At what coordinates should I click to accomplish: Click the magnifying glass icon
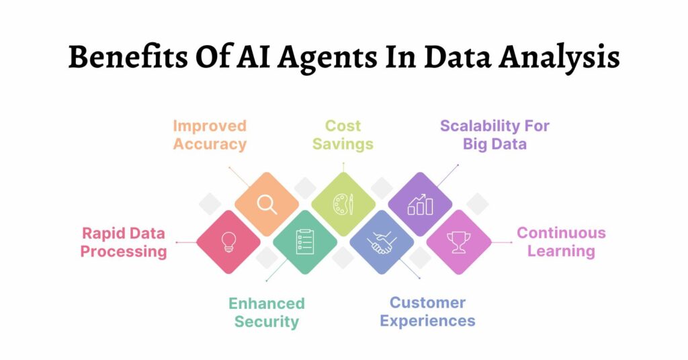coord(267,204)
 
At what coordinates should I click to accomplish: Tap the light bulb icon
coord(228,242)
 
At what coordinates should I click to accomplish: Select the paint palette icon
coord(343,204)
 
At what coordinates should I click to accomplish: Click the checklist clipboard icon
coord(305,242)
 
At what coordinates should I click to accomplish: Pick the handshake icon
coord(382,242)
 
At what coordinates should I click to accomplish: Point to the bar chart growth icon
coord(421,204)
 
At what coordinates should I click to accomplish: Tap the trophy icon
coord(458,242)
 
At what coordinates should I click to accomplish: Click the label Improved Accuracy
coord(210,135)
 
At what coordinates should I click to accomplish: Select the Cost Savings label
coord(343,135)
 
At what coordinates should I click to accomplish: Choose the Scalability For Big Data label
coord(494,135)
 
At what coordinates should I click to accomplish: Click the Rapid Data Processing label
coord(124,242)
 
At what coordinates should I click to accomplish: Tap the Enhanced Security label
coord(266,312)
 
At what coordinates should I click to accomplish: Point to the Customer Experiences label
coord(427,312)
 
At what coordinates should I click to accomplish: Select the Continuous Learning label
coord(561,242)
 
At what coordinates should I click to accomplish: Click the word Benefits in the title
coord(128,58)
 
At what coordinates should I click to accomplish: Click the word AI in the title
coord(253,57)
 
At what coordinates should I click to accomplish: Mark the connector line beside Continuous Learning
coord(501,242)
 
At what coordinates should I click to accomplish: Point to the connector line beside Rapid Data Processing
coord(186,242)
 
